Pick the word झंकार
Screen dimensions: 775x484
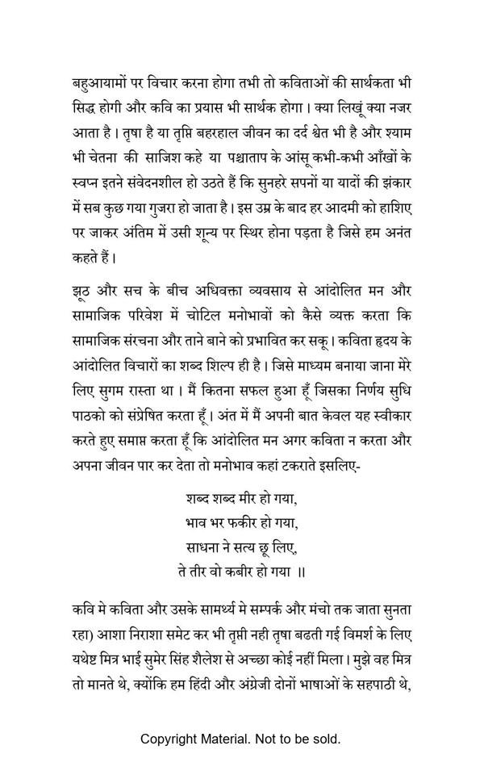tap(394, 174)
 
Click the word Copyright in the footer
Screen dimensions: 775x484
tap(169, 738)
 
